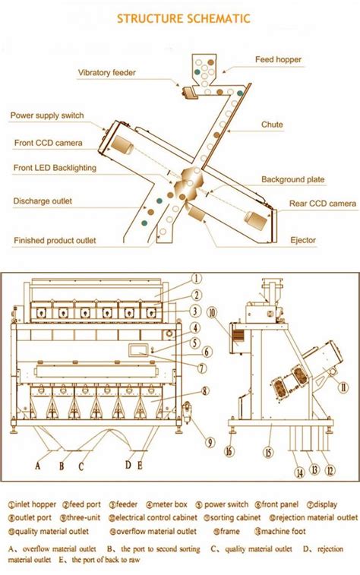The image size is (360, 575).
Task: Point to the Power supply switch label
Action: (x=46, y=116)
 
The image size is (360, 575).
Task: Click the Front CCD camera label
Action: (x=48, y=142)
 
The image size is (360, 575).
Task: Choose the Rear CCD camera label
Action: (x=322, y=204)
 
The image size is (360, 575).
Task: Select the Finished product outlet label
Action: (x=55, y=240)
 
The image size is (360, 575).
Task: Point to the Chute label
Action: (x=272, y=124)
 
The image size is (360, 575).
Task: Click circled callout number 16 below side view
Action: (x=229, y=450)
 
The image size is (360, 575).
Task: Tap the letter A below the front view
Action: (x=37, y=466)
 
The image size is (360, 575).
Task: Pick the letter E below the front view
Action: (x=140, y=466)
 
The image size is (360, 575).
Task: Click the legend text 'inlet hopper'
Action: (x=38, y=504)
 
